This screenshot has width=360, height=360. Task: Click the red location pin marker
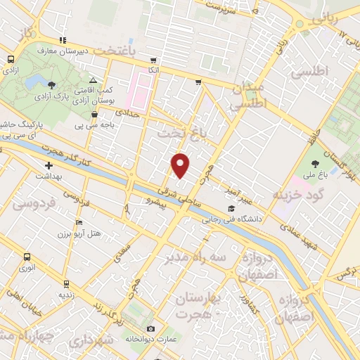(x=181, y=165)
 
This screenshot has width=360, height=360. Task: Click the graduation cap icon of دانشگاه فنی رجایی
(x=231, y=209)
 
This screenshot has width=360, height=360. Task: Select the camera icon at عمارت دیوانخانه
(x=150, y=329)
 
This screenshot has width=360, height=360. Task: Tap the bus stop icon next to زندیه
(x=66, y=285)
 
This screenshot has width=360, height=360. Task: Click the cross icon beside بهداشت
(x=48, y=165)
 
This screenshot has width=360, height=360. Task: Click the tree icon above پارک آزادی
(x=52, y=86)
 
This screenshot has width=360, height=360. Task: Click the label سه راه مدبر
(x=198, y=257)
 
